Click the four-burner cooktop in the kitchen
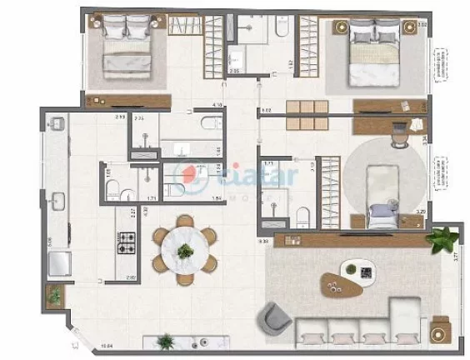point(129,243)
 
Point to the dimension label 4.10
point(217,105)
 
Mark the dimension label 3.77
point(456,258)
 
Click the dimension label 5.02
point(267,109)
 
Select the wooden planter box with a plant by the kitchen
point(56,294)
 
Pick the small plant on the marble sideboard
point(167,341)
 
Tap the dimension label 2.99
point(120,117)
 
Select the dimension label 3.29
point(420,213)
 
